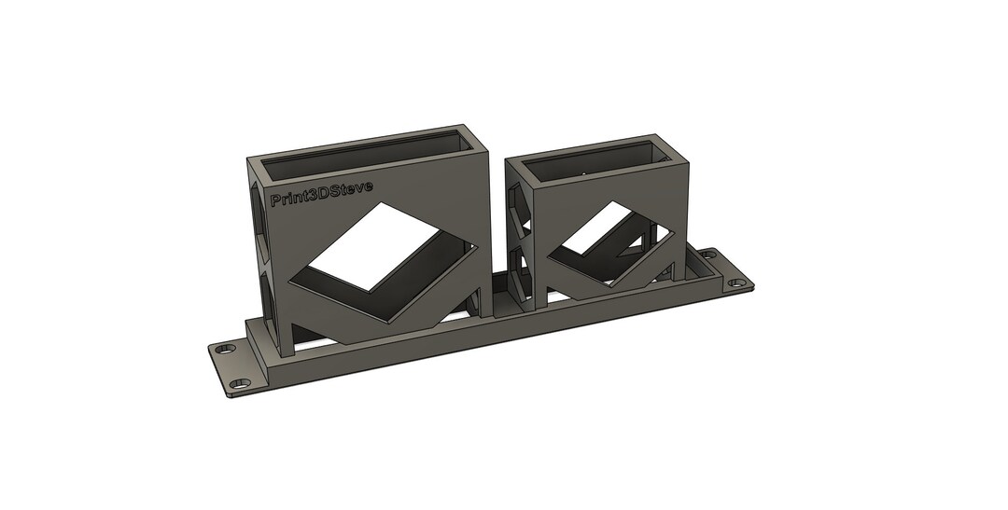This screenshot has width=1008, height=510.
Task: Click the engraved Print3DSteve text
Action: tap(321, 193)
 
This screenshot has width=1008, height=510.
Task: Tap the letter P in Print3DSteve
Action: tap(275, 200)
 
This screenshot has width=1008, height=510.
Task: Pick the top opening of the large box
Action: tap(369, 153)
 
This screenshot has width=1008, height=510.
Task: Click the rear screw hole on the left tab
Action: tap(224, 350)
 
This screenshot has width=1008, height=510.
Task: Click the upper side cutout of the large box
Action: tap(256, 210)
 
